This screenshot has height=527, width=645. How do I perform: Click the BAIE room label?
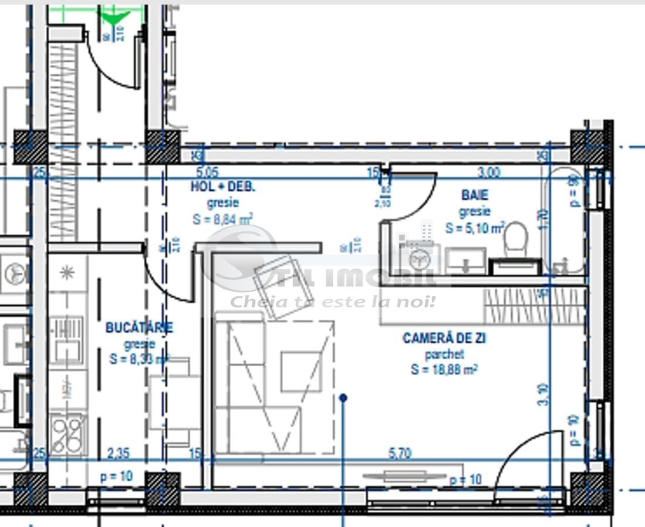[475, 195]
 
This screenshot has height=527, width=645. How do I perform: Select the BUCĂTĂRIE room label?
[139, 327]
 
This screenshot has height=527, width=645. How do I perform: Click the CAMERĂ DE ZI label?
[444, 339]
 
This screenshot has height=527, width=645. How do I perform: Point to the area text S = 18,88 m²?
[444, 369]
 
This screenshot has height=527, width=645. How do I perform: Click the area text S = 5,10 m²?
[475, 227]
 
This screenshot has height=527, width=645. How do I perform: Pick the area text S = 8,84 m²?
[222, 219]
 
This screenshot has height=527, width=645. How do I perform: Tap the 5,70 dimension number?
[400, 453]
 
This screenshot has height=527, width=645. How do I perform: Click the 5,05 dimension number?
[206, 173]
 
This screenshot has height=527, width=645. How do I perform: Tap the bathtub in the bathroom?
[566, 220]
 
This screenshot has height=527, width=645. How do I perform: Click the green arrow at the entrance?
[115, 18]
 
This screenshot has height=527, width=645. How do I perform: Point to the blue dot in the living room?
[343, 398]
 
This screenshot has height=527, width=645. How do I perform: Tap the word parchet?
[444, 354]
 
